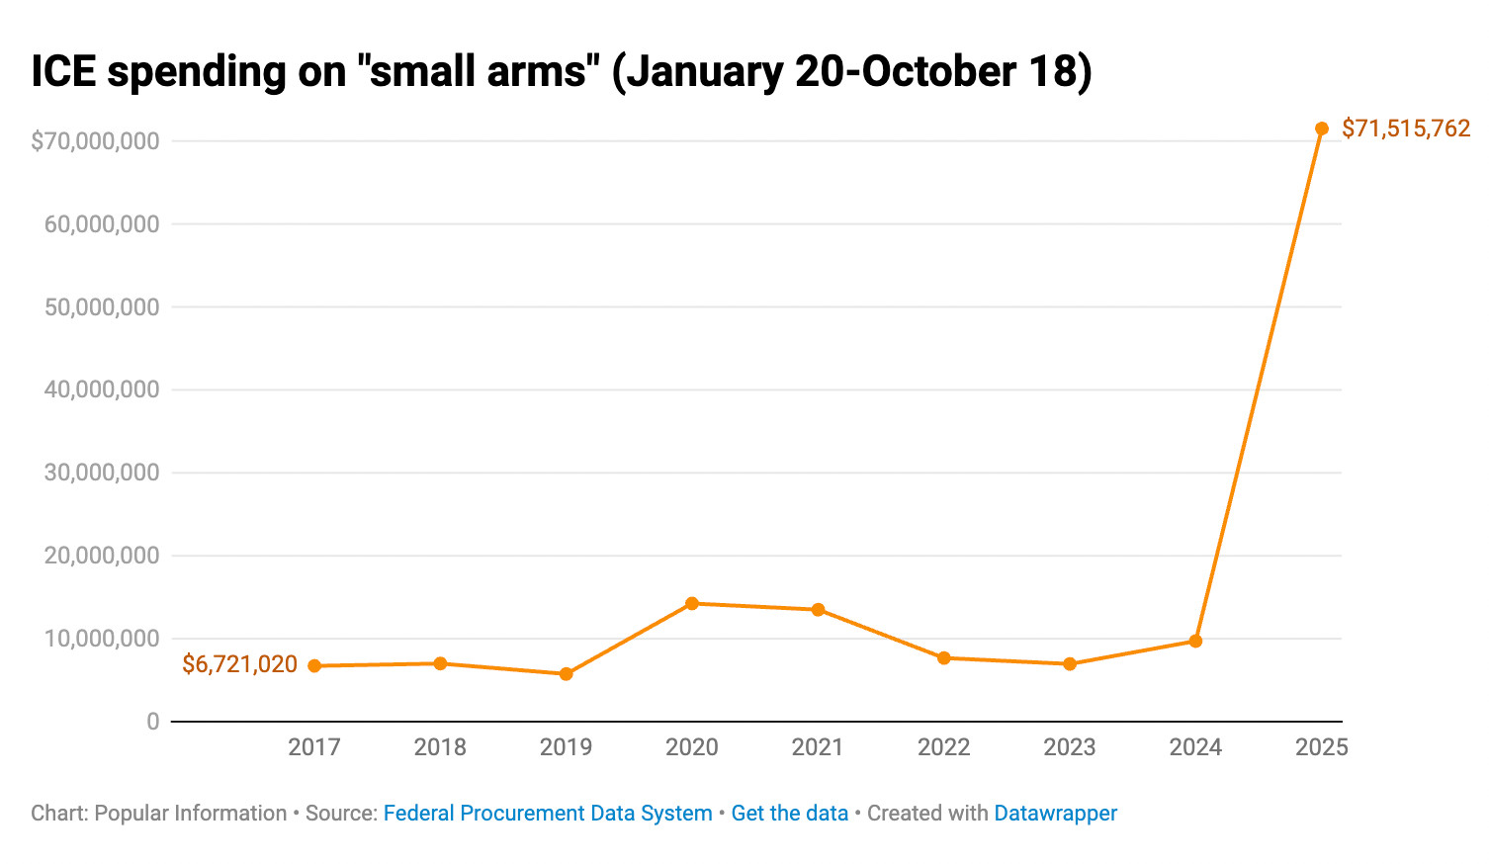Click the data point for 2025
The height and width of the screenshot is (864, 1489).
[x=1321, y=129]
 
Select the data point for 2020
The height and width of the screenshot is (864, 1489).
[x=692, y=603]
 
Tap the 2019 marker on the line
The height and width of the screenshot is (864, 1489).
[x=566, y=674]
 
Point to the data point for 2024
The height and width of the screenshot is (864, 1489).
[x=1195, y=642]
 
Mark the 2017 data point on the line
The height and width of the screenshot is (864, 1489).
[x=314, y=666]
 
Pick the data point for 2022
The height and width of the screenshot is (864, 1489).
[x=944, y=657]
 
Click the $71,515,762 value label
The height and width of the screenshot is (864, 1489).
[x=1405, y=129]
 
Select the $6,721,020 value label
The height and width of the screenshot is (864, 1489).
[x=239, y=664]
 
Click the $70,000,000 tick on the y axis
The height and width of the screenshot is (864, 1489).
[x=95, y=141]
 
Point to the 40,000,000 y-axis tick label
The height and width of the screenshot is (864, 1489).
[x=102, y=389]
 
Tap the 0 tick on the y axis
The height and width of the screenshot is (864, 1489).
[x=152, y=722]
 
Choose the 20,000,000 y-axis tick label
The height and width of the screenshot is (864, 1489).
[x=102, y=556]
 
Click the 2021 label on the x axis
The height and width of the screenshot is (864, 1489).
[x=818, y=747]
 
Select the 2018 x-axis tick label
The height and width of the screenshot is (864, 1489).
[x=440, y=747]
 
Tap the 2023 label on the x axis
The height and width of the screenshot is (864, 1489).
[x=1070, y=747]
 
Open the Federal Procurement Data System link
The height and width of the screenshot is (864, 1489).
[x=548, y=814]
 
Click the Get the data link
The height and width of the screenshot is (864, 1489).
[x=790, y=814]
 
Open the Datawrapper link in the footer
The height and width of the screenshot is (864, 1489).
[x=1055, y=814]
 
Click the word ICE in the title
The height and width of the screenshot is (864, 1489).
[x=63, y=72]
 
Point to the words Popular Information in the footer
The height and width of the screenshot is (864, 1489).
[x=191, y=814]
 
